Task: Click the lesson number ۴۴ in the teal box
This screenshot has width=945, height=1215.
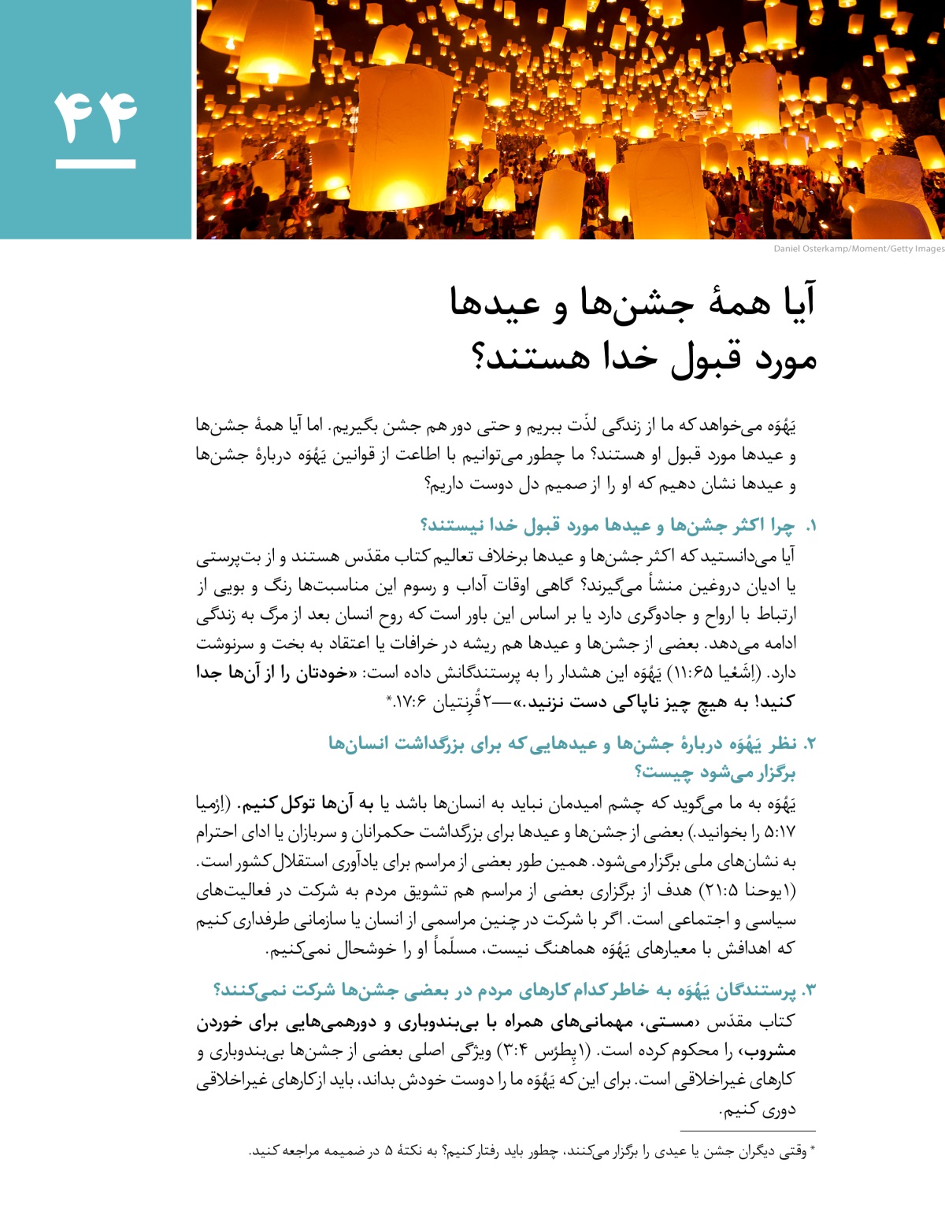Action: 95,116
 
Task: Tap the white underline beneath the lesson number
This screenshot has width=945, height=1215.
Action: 95,165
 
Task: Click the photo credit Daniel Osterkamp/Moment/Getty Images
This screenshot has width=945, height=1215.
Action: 858,249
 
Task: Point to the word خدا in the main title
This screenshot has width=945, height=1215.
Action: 630,358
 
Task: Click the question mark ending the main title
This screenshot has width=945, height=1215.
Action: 482,358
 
